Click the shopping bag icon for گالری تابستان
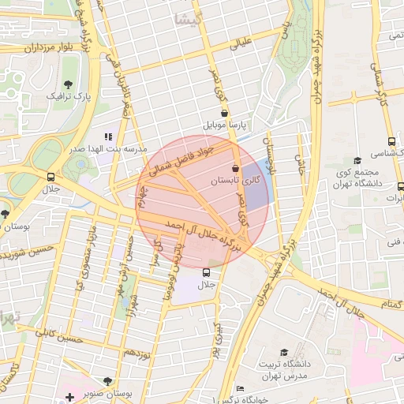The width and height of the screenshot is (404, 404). [236, 168]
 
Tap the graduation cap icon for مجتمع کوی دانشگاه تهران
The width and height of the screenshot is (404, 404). [357, 160]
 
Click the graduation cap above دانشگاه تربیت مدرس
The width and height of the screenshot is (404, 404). [284, 353]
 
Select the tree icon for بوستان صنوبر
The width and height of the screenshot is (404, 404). [108, 381]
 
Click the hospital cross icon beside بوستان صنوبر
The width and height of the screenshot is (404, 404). [69, 395]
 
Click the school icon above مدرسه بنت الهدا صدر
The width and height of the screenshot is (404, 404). [108, 137]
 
